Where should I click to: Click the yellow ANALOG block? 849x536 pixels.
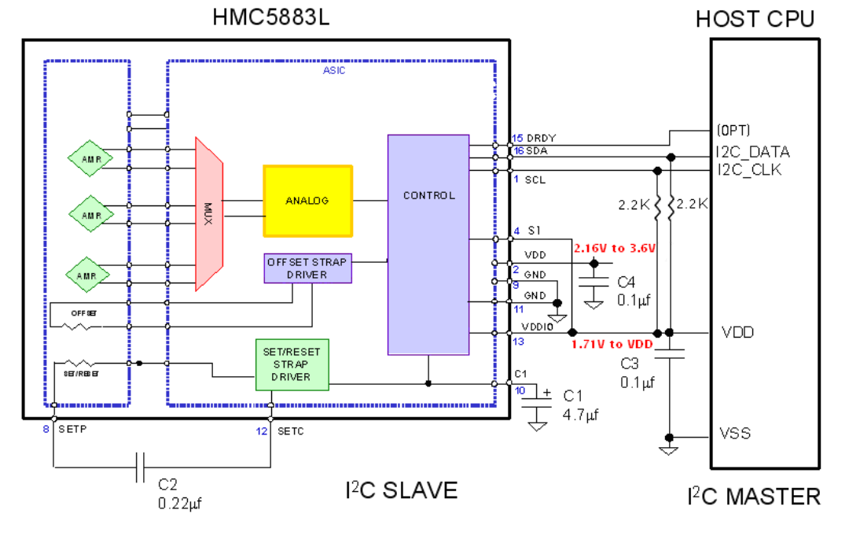click(x=307, y=201)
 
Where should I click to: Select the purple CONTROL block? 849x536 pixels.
click(x=428, y=244)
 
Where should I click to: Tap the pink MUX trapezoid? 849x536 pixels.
click(x=209, y=214)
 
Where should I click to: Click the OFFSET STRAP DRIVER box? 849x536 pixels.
click(x=307, y=268)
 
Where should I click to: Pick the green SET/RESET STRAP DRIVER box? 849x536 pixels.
click(x=292, y=364)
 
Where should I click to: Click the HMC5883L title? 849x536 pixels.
click(x=271, y=18)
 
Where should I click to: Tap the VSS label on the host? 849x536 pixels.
click(x=735, y=434)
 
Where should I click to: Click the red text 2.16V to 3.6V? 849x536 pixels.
click(x=615, y=248)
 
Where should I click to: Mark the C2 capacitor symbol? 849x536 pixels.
click(x=141, y=468)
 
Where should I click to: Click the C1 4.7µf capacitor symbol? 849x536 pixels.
click(x=538, y=401)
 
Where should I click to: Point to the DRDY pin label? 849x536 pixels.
click(x=540, y=139)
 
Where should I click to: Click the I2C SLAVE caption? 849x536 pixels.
click(x=401, y=490)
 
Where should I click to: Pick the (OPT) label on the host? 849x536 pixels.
click(x=733, y=130)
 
